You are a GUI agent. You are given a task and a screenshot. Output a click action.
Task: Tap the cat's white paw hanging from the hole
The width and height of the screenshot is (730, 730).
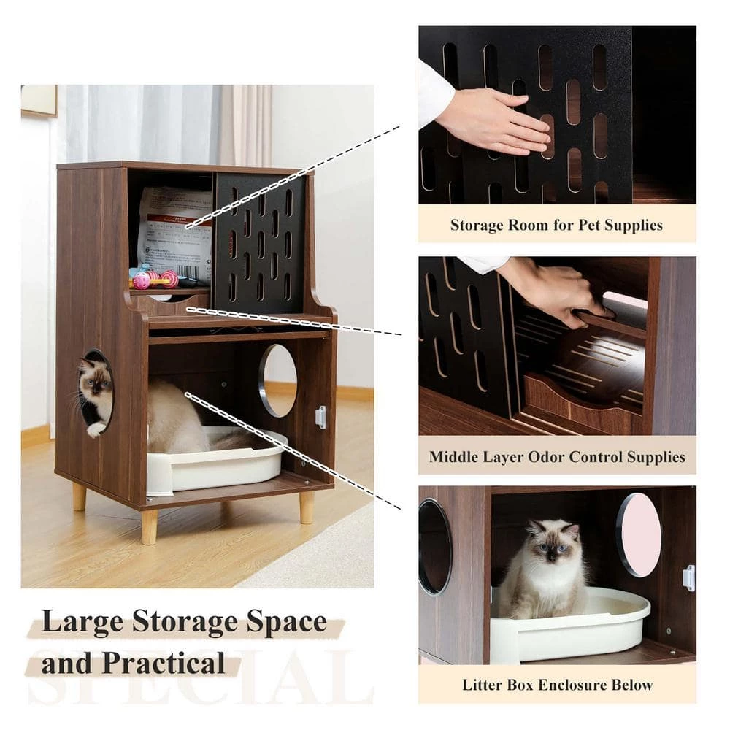click(x=96, y=429)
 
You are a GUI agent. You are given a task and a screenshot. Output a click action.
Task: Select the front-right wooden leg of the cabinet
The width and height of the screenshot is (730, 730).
click(x=307, y=507)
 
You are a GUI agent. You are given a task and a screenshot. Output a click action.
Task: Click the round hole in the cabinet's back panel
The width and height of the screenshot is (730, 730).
click(x=278, y=380)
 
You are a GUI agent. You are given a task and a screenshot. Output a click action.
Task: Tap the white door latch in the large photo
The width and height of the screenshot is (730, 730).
click(x=320, y=417)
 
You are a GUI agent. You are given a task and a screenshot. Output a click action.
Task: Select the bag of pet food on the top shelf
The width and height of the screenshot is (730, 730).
click(x=174, y=231)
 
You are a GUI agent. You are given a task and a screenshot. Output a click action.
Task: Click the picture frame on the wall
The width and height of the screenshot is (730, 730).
click(x=39, y=100)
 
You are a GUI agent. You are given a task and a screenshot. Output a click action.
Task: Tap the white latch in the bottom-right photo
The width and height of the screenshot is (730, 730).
click(x=688, y=577)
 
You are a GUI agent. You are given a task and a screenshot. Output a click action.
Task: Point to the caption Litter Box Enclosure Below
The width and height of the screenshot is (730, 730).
click(x=557, y=685)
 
